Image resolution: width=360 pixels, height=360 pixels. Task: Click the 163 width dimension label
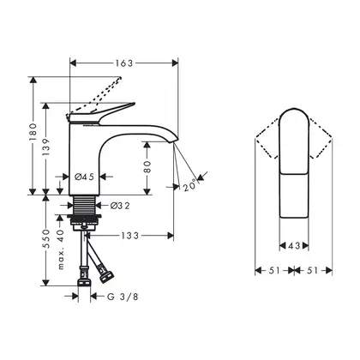click(x=124, y=63)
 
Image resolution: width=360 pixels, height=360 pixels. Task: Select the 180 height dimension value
click(x=33, y=132)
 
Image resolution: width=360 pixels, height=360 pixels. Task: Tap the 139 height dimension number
click(x=46, y=147)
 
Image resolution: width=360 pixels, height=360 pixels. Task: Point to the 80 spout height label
click(x=147, y=167)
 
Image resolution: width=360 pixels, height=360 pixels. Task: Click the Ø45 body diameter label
click(x=85, y=177)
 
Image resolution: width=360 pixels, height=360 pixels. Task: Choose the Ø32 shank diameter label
click(x=120, y=205)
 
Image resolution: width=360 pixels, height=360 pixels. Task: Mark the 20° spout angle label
click(x=189, y=185)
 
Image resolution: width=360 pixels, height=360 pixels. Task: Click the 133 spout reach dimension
click(x=130, y=236)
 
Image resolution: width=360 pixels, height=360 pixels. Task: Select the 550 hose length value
click(x=46, y=238)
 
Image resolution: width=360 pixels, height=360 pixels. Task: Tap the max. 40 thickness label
click(x=61, y=249)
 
